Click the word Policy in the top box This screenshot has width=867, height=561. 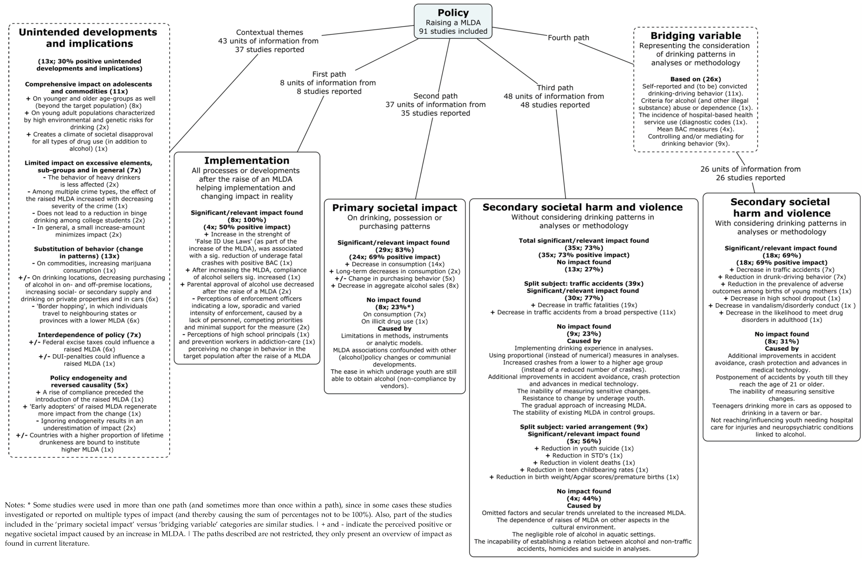click(453, 13)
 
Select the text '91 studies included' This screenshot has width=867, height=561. click(453, 31)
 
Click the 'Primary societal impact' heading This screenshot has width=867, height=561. click(394, 208)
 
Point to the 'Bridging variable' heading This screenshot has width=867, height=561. click(696, 36)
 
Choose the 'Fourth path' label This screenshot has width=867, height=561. click(568, 37)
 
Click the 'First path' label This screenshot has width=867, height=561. click(329, 74)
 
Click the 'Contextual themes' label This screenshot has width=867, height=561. click(269, 32)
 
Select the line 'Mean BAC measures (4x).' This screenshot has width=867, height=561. click(696, 129)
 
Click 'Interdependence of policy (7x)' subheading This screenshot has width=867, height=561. click(89, 335)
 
